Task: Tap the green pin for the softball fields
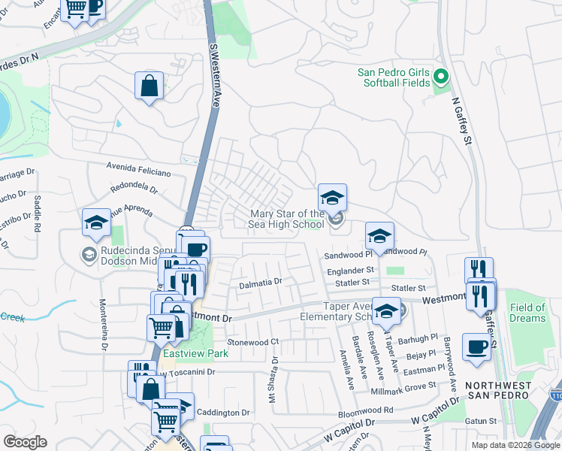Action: (441, 77)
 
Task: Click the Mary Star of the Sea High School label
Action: (287, 219)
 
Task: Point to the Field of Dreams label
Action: (527, 313)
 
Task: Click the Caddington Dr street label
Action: (222, 413)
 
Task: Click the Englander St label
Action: (349, 269)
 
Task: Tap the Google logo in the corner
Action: (25, 442)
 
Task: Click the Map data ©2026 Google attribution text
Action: (515, 445)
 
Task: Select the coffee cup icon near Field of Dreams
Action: (476, 347)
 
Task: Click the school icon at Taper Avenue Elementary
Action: (386, 311)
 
